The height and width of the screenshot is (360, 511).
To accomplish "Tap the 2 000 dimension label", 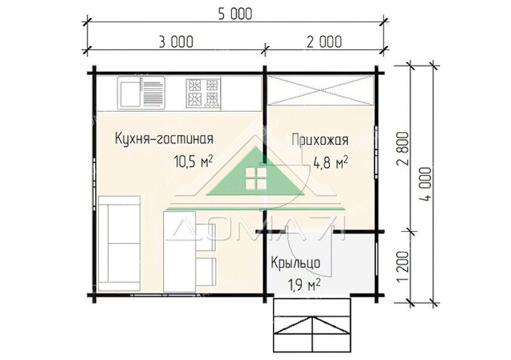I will pyautogui.click(x=322, y=40).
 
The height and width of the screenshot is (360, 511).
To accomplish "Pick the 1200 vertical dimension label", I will pyautogui.click(x=402, y=267).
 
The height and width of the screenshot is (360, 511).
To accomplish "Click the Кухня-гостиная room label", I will pyautogui.click(x=164, y=139).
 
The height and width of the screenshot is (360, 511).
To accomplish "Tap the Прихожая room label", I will pyautogui.click(x=319, y=139).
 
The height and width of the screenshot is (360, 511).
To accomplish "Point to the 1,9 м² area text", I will pyautogui.click(x=304, y=285).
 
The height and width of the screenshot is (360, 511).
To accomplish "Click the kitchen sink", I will pyautogui.click(x=141, y=94).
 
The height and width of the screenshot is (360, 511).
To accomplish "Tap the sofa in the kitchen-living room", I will pyautogui.click(x=119, y=242).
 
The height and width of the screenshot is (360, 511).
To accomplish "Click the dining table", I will pyautogui.click(x=180, y=251).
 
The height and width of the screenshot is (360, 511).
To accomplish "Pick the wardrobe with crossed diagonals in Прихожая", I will pyautogui.click(x=321, y=93).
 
